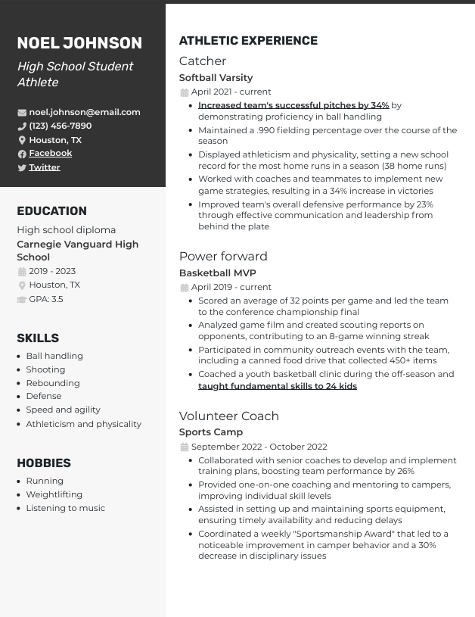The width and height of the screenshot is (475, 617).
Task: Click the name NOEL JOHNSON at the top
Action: click(79, 43)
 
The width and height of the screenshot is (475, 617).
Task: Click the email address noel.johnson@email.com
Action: click(85, 112)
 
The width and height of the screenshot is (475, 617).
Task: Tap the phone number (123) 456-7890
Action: click(60, 126)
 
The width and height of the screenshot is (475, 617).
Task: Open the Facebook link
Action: click(51, 153)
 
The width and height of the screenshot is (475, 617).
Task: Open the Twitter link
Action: click(45, 167)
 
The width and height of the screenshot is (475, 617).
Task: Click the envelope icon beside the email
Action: click(22, 113)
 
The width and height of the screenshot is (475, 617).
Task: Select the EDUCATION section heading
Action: click(51, 211)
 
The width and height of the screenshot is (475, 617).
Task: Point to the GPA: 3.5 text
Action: click(46, 299)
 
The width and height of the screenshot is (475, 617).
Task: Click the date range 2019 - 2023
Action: click(52, 271)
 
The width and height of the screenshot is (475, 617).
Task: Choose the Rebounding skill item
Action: click(53, 383)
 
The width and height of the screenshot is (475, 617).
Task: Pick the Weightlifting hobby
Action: click(54, 494)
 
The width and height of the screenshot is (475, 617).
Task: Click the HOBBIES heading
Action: click(44, 463)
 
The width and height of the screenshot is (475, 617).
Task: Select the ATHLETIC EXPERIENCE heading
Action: click(248, 41)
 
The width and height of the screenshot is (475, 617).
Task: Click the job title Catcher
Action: click(203, 61)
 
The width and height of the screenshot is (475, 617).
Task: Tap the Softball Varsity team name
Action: click(216, 78)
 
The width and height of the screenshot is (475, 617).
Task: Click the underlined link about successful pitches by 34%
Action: click(293, 106)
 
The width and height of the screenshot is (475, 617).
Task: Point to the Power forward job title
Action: click(223, 257)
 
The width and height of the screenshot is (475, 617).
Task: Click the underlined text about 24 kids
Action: click(278, 386)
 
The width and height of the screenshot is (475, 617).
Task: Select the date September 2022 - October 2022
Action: click(259, 447)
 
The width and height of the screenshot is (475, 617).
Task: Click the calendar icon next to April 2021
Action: click(184, 92)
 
